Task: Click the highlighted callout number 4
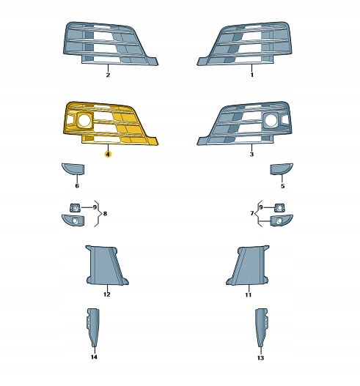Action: click(108, 155)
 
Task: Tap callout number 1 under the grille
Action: click(251, 75)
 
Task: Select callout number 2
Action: click(108, 75)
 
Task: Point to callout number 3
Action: click(251, 155)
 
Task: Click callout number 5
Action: click(282, 186)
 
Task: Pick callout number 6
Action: click(77, 186)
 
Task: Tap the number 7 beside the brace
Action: click(251, 213)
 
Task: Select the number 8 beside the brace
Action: click(105, 213)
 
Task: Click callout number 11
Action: click(248, 294)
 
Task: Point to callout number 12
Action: click(107, 294)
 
